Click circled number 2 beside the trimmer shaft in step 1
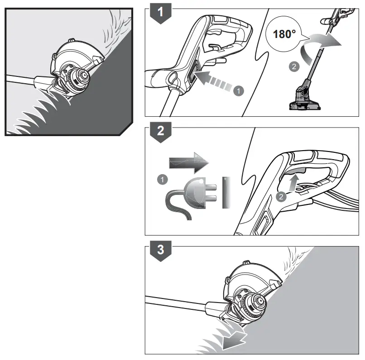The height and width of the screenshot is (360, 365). point(293,66)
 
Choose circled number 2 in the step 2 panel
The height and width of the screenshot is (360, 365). point(281,196)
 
